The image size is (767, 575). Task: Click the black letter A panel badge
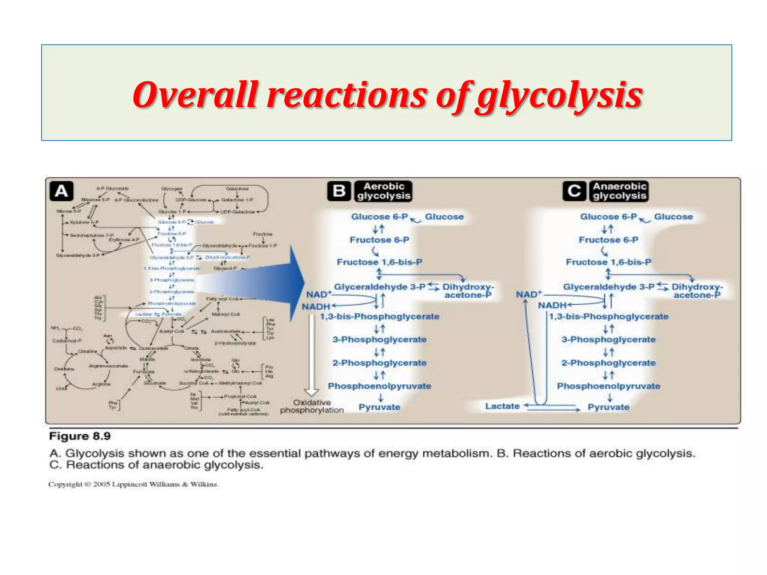(x=61, y=191)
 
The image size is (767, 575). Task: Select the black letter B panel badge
(x=339, y=191)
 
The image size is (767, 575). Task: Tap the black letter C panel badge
(x=574, y=191)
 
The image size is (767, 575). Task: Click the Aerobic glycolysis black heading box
(x=383, y=191)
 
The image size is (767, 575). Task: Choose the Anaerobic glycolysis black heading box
(x=619, y=191)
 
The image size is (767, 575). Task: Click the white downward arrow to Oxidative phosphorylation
(x=312, y=356)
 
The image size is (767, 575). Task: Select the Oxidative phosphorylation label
(x=312, y=406)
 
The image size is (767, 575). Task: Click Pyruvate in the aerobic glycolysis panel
(x=379, y=407)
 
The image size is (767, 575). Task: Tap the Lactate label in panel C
(x=502, y=406)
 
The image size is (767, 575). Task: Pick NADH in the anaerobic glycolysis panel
(x=552, y=305)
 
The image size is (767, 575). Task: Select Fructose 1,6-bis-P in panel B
(x=379, y=262)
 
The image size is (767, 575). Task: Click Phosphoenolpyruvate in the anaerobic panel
(x=608, y=386)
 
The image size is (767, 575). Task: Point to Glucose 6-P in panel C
(x=608, y=217)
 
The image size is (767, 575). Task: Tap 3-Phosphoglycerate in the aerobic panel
(x=379, y=340)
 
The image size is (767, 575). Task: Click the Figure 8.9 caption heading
(x=80, y=436)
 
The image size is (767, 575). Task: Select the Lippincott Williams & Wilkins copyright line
(x=133, y=484)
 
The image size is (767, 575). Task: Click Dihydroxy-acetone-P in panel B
(x=468, y=291)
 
